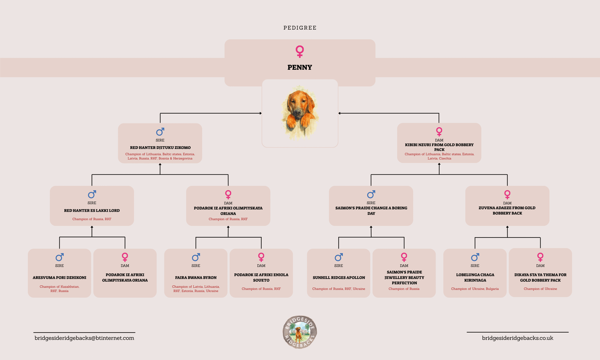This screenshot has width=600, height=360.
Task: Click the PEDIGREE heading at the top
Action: (x=300, y=28)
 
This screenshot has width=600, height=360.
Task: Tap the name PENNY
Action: (x=300, y=67)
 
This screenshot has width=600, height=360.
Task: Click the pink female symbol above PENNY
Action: (x=300, y=51)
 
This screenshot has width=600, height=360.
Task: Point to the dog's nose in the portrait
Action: (x=297, y=112)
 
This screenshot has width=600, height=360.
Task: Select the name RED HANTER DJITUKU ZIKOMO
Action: (x=160, y=148)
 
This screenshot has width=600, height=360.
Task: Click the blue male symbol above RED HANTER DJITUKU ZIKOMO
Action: (x=160, y=132)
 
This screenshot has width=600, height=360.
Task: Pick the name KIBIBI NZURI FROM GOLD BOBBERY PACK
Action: (x=439, y=147)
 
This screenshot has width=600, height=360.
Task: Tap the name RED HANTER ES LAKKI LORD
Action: (x=92, y=211)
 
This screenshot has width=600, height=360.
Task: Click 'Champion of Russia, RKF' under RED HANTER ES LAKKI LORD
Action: (x=92, y=219)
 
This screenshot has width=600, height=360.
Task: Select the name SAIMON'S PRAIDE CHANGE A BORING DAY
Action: (x=371, y=211)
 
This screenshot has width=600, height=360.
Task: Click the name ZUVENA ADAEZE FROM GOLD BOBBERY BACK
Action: (x=507, y=210)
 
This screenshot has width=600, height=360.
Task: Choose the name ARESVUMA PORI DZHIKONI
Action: (x=59, y=278)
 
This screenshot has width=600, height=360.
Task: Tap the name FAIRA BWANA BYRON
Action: (x=196, y=278)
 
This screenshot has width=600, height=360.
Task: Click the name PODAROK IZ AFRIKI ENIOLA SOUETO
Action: (x=261, y=277)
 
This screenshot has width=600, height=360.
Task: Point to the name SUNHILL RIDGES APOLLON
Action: (x=339, y=278)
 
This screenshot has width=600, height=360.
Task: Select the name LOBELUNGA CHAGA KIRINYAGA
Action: (x=475, y=277)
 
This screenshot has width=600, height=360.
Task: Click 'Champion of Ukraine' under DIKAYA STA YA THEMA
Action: (x=540, y=289)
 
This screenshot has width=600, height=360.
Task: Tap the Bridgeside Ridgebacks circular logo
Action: (x=300, y=332)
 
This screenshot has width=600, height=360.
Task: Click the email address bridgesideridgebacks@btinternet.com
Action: (x=84, y=338)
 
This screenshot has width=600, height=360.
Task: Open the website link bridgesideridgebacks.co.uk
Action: (x=517, y=338)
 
